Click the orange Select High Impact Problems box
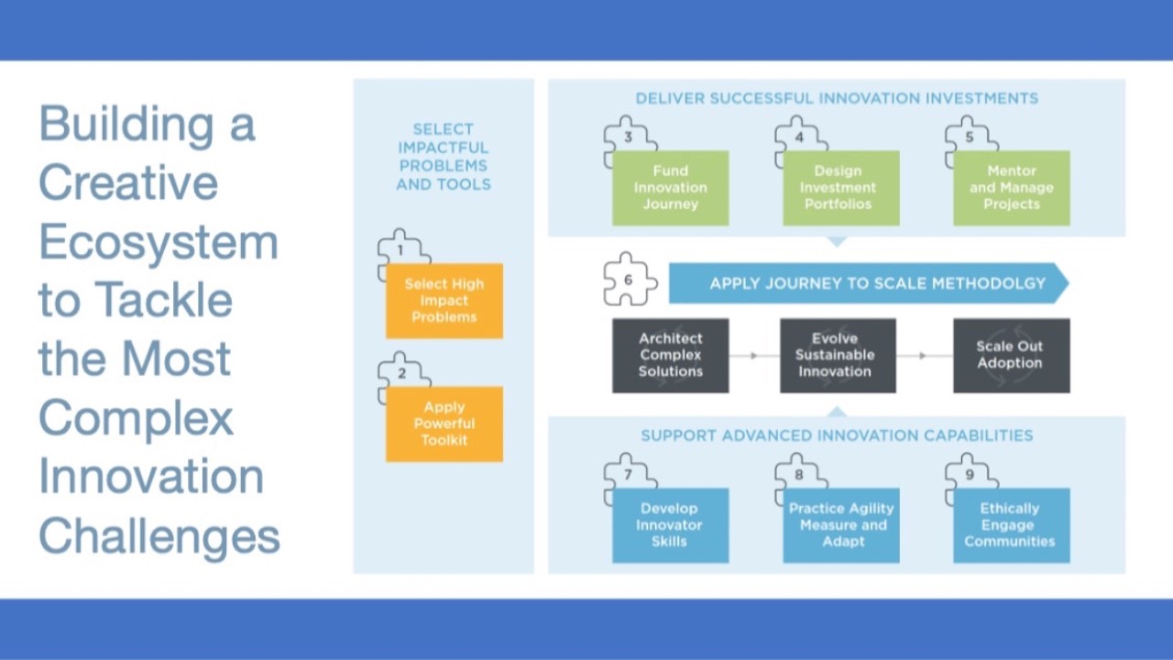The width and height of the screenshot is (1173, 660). tap(444, 302)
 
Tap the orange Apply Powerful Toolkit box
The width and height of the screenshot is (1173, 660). tap(444, 424)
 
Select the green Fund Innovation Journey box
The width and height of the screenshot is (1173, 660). tap(670, 188)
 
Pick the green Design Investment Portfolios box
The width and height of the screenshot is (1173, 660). tap(840, 188)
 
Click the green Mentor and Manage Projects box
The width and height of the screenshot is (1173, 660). tap(1011, 188)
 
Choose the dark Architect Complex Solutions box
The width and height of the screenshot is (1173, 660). tap(670, 356)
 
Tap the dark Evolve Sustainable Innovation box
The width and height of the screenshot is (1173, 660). tap(838, 356)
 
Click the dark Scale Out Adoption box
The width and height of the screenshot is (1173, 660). tap(1011, 356)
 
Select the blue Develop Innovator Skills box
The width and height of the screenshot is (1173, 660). tap(670, 525)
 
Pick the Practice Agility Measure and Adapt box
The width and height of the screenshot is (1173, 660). tap(840, 525)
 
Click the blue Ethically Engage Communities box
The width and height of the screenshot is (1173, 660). tap(1011, 525)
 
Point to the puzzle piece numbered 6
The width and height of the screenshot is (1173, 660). tap(630, 279)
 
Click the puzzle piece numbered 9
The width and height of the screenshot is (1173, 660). tap(970, 475)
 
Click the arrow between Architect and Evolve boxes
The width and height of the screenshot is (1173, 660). tap(754, 356)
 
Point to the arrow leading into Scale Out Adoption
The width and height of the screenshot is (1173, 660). tap(924, 356)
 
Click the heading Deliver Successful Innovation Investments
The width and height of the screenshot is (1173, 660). tap(837, 98)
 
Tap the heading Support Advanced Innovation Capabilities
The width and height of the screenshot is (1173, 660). tap(837, 435)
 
